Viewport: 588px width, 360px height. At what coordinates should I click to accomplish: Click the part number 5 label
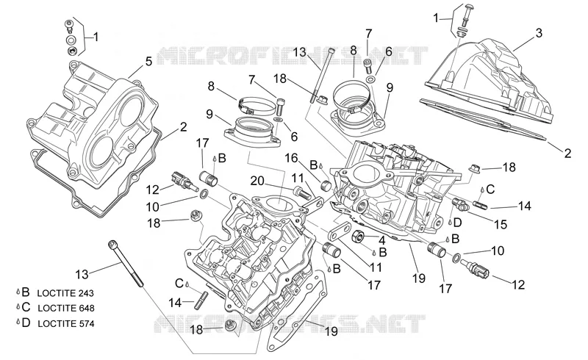pyautogui.click(x=149, y=62)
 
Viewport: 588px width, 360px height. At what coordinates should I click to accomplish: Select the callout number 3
pyautogui.click(x=539, y=33)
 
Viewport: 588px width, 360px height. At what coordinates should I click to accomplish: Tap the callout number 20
pyautogui.click(x=257, y=181)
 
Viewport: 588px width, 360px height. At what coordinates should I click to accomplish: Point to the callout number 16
pyautogui.click(x=291, y=158)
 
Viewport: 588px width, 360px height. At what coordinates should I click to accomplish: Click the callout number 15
pyautogui.click(x=501, y=224)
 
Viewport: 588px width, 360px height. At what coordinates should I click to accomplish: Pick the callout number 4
pyautogui.click(x=381, y=240)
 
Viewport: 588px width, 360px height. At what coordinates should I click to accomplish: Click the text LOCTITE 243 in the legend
pyautogui.click(x=65, y=293)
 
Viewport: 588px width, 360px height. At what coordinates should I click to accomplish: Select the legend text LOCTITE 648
pyautogui.click(x=66, y=309)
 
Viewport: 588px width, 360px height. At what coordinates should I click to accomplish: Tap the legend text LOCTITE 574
pyautogui.click(x=66, y=323)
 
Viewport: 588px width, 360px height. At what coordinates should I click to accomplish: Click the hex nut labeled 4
pyautogui.click(x=359, y=237)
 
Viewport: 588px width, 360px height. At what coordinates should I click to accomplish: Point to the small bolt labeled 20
pyautogui.click(x=302, y=192)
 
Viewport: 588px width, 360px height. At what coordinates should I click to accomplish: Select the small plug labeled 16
pyautogui.click(x=326, y=186)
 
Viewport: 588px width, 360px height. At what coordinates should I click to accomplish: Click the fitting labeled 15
pyautogui.click(x=461, y=204)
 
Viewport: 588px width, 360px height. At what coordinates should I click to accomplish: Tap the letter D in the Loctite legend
pyautogui.click(x=26, y=323)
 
